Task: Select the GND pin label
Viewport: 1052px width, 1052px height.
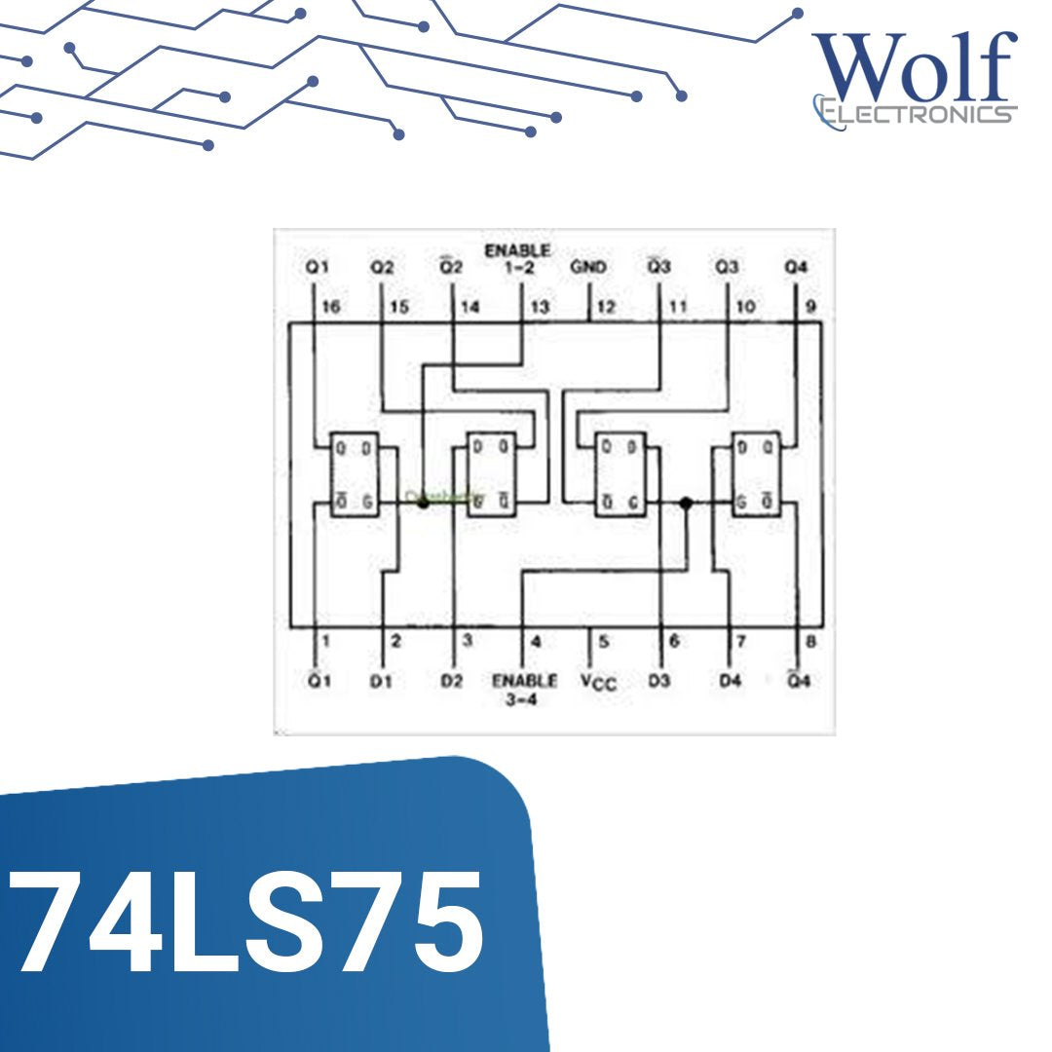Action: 588,267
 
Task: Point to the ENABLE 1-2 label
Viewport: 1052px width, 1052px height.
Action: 517,258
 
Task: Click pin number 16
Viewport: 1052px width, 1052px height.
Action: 331,307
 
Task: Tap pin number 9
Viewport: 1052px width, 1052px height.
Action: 810,307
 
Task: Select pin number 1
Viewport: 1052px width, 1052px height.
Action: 326,641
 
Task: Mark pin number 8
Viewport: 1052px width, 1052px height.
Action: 810,641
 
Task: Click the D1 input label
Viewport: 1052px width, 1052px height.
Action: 381,681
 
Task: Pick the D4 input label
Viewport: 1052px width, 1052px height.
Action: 730,681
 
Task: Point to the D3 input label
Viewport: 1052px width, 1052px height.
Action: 659,681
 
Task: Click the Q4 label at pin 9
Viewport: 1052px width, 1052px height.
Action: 797,267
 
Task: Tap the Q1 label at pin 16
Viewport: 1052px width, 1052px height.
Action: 318,267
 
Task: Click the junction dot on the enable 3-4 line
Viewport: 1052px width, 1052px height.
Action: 686,503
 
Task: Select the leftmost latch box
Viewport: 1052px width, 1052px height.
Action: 354,473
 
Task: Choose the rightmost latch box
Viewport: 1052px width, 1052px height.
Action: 756,473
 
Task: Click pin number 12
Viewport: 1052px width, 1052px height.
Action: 606,307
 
